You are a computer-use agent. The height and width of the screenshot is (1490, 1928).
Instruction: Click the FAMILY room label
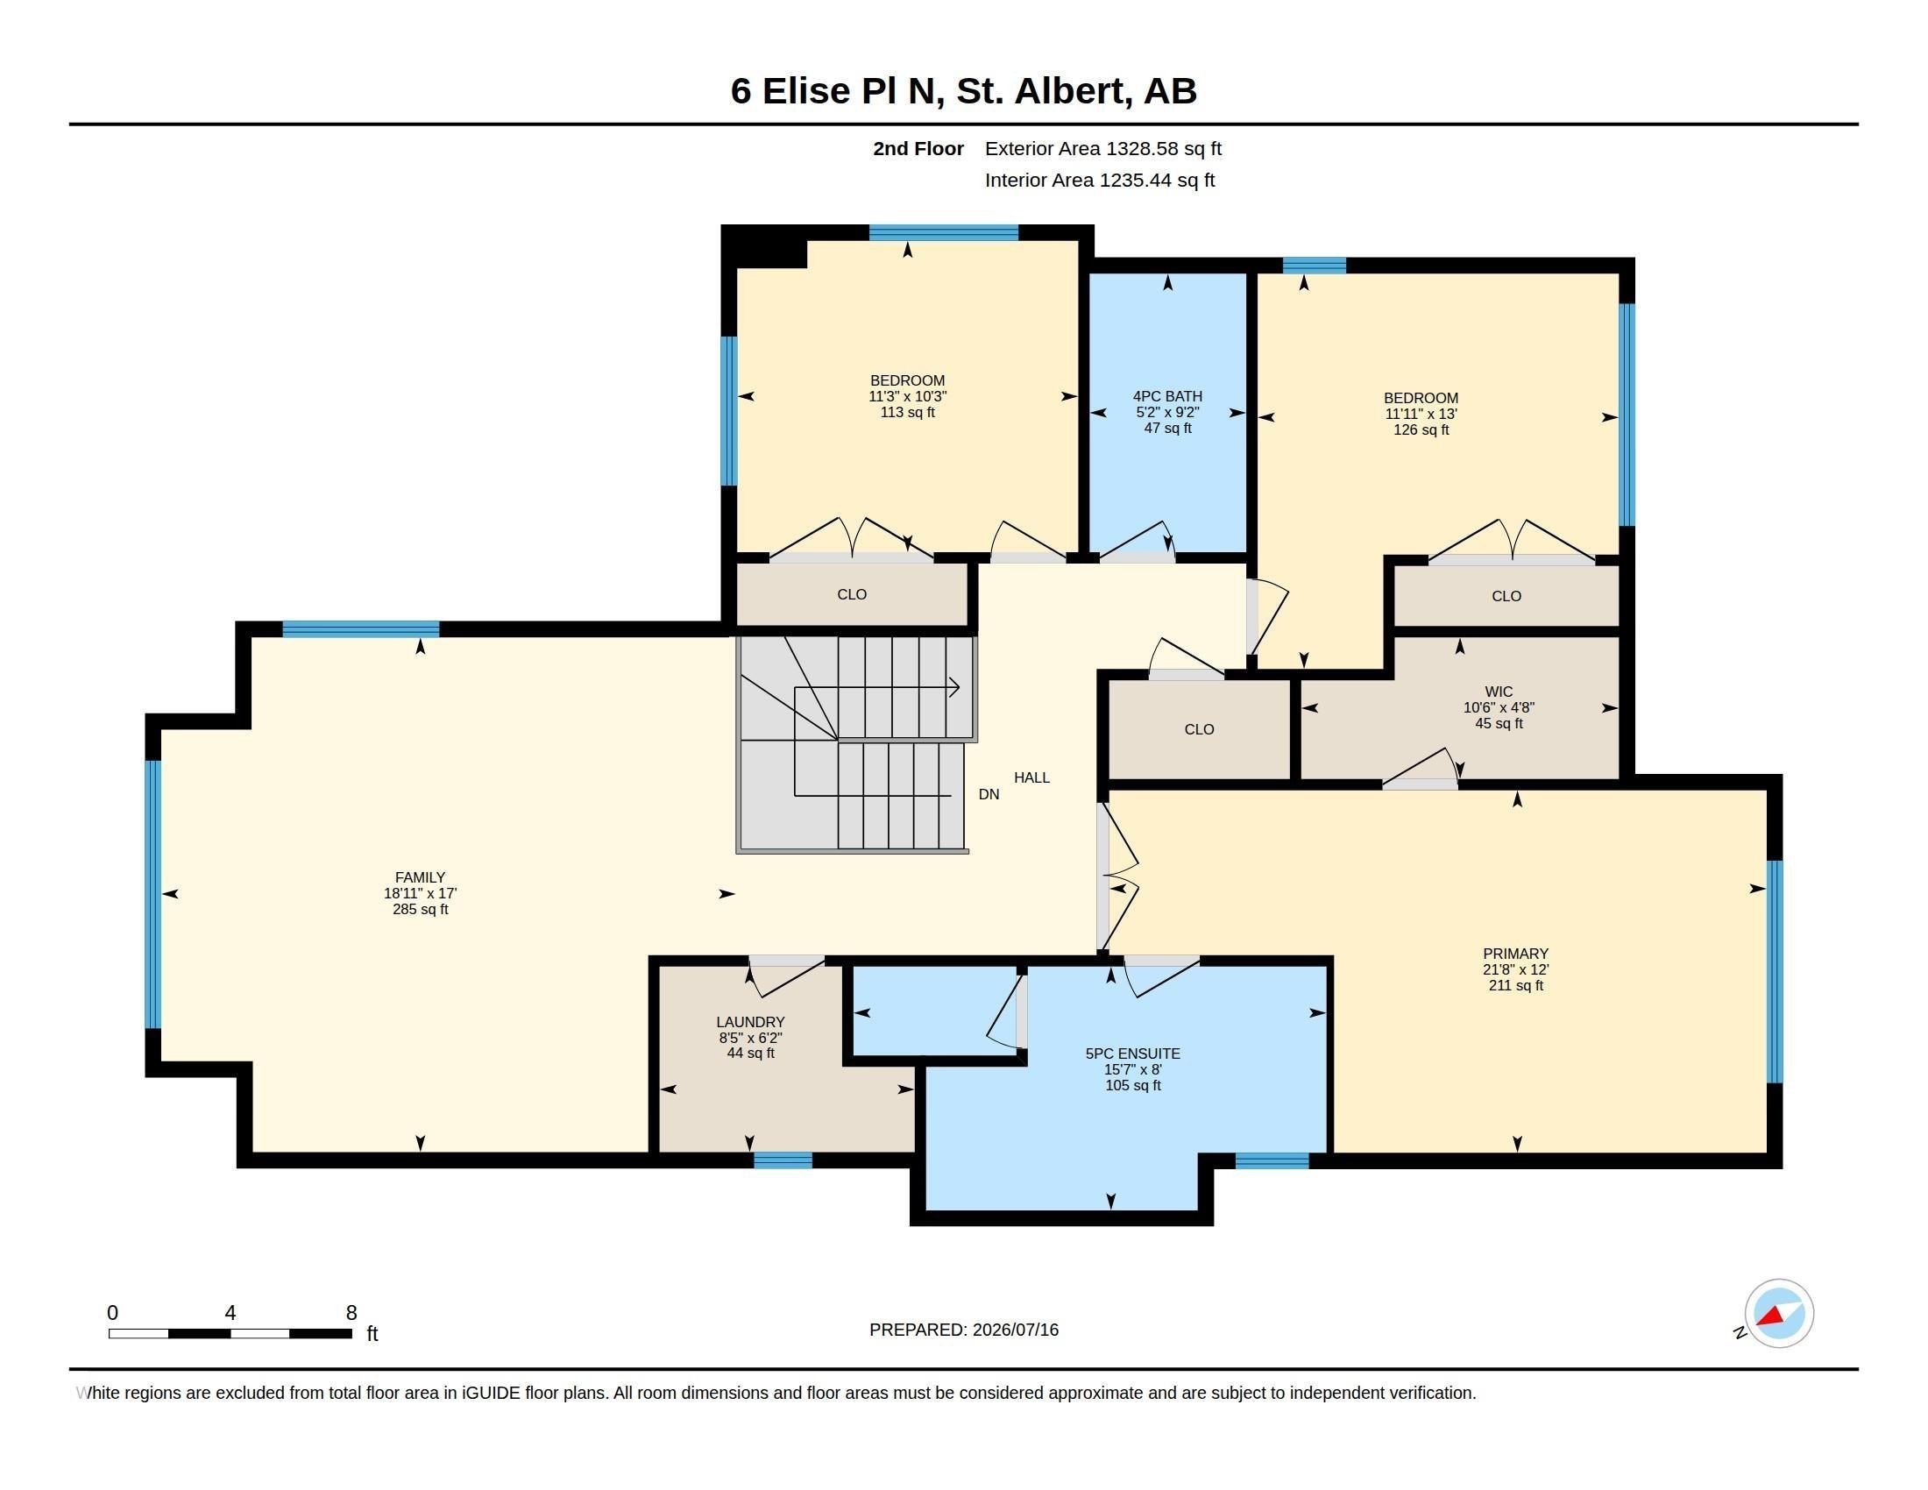(x=420, y=877)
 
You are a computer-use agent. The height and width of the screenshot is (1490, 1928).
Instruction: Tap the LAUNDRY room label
(x=750, y=1022)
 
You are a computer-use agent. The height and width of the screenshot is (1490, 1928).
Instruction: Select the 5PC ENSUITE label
(x=1132, y=1054)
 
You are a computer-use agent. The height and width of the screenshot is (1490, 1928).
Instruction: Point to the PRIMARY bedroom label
(x=1516, y=954)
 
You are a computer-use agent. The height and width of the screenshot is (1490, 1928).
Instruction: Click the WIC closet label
(x=1499, y=692)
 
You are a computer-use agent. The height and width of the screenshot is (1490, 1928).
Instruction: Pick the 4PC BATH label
(x=1167, y=396)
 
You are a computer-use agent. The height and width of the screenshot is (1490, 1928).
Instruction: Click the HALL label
(x=1031, y=777)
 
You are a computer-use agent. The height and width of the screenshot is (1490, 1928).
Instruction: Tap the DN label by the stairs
(x=989, y=794)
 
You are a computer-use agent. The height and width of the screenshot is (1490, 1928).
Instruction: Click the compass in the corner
(x=1779, y=1314)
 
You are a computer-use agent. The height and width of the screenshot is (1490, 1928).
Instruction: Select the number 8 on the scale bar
(x=351, y=1313)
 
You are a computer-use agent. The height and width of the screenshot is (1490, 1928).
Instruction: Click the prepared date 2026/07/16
(x=1015, y=1330)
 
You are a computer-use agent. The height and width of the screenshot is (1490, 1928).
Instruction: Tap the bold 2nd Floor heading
(x=918, y=148)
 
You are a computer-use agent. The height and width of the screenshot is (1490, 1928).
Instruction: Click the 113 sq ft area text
(x=908, y=412)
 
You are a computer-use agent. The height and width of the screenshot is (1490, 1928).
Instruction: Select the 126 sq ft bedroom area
(x=1421, y=429)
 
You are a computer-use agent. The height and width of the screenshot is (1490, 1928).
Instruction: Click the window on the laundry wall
(x=783, y=1160)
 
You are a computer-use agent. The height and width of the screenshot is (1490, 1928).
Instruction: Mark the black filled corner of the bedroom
(x=764, y=246)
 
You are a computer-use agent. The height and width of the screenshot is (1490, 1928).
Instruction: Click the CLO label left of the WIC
(x=1199, y=729)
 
